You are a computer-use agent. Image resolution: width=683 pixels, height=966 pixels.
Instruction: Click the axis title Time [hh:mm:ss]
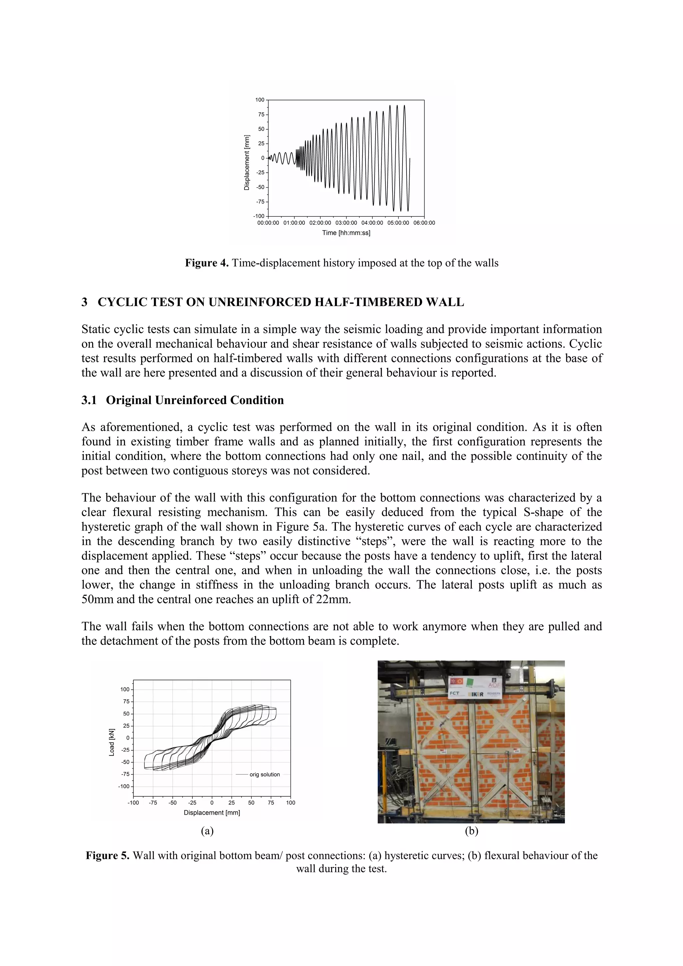(346, 233)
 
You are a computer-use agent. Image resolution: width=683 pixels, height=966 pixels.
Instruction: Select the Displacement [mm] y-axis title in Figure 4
(246, 162)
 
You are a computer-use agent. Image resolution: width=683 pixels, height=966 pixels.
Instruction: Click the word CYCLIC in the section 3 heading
(122, 302)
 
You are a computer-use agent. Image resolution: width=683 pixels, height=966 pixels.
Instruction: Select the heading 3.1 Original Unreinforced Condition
(183, 400)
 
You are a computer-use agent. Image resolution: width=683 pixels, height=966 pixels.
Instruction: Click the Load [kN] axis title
(111, 742)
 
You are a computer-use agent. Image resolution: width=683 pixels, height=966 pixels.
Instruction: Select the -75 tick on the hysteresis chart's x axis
(153, 803)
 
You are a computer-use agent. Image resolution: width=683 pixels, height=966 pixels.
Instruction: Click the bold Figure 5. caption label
(108, 856)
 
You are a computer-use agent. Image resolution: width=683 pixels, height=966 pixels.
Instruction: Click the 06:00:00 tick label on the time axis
(424, 223)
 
